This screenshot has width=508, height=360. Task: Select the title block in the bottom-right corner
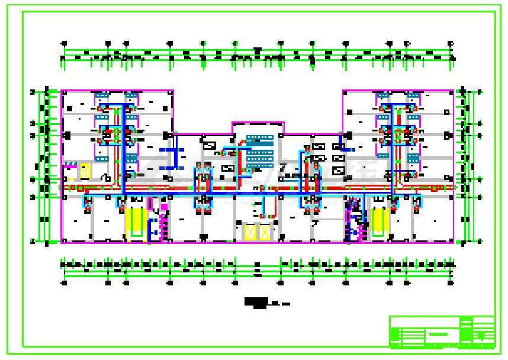[x=442, y=332]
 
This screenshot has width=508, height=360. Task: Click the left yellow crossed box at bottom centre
[x=250, y=232]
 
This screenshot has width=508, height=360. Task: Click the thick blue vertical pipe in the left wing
[x=124, y=148]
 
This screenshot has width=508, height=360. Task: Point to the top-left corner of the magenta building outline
[x=62, y=91]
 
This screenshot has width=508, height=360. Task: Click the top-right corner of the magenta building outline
[x=454, y=91]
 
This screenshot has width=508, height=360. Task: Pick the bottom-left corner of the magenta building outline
[x=62, y=242]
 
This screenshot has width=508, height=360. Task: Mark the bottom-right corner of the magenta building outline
[x=454, y=242]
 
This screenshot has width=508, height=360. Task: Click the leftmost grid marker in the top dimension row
[x=64, y=43]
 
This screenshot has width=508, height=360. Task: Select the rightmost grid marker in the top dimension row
[x=451, y=43]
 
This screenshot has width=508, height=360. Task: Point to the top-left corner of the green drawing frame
[x=23, y=12]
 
